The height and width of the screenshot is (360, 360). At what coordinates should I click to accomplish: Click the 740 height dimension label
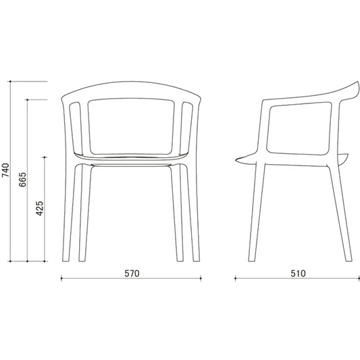point(5,170)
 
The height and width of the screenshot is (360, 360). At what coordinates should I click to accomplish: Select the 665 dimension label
point(22,179)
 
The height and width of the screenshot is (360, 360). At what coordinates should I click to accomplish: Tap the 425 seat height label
point(39,208)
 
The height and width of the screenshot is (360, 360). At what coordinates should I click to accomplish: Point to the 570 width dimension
point(132,274)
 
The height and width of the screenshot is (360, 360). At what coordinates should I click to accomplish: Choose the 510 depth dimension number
point(299,274)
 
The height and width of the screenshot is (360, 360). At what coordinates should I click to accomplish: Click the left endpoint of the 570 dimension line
point(61,278)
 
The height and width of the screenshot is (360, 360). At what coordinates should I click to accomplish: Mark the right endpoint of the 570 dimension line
point(201,278)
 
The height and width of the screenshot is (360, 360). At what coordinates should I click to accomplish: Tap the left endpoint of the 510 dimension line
point(235,278)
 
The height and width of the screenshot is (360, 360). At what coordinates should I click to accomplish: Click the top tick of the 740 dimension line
point(10,81)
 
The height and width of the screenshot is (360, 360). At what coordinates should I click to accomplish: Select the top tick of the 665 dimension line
point(27,100)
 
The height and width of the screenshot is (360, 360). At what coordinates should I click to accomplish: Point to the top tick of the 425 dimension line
point(45,157)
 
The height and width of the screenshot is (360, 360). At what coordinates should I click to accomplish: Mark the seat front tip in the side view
point(236,160)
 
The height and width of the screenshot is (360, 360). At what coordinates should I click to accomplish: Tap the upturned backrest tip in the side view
point(357,82)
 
